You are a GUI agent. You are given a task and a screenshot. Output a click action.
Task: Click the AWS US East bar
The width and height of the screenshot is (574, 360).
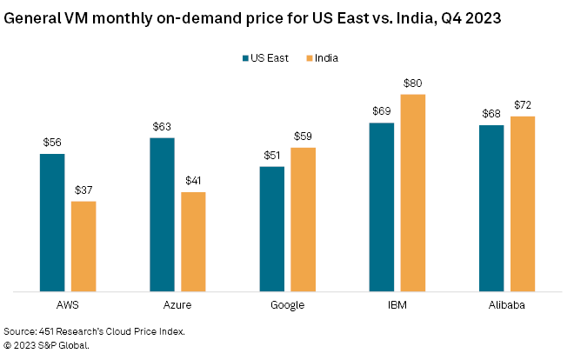(52, 223)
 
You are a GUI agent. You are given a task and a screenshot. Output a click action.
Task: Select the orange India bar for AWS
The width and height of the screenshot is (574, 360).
(83, 246)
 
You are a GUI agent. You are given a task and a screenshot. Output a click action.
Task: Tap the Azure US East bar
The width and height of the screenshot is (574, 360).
(162, 215)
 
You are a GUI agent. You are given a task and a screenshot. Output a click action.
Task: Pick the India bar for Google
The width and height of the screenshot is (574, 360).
(304, 219)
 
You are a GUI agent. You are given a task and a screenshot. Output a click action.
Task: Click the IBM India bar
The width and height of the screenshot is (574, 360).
(413, 192)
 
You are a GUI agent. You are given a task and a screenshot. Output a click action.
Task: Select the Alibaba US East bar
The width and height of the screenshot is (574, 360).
(491, 209)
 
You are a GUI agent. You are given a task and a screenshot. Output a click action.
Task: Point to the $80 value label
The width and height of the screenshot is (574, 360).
(413, 83)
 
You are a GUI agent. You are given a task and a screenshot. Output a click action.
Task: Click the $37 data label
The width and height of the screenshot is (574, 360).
(83, 190)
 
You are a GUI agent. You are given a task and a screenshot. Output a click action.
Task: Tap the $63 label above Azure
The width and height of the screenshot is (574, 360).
(162, 127)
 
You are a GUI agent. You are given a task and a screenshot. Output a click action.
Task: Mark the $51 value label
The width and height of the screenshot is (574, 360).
(272, 156)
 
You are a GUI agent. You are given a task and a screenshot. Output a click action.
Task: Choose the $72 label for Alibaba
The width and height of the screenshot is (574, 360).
(523, 105)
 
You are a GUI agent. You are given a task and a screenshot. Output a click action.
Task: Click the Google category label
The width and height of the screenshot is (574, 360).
(287, 306)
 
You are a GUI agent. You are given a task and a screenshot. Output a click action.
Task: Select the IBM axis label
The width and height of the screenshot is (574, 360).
(397, 306)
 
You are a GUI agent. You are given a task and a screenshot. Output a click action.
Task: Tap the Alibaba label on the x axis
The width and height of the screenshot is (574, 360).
(507, 306)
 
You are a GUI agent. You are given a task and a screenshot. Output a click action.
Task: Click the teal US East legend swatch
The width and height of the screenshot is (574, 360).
(244, 58)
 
